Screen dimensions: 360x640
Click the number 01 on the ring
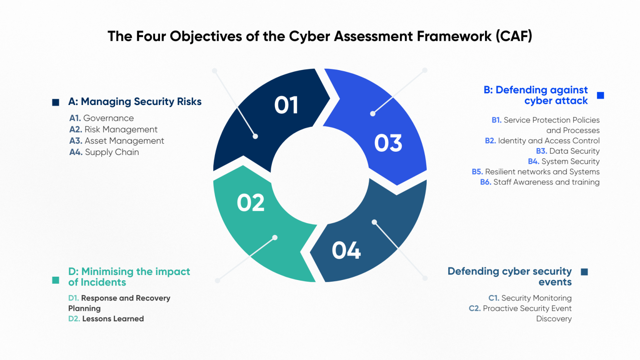tap(286, 105)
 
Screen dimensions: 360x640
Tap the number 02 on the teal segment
tap(251, 203)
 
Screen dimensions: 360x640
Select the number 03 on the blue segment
tap(388, 143)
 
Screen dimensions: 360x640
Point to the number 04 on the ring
tap(346, 250)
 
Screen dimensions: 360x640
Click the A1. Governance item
tap(102, 118)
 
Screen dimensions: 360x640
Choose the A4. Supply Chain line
tap(104, 152)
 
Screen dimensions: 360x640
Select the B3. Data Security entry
tap(567, 151)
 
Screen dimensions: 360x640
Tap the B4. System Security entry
tap(564, 162)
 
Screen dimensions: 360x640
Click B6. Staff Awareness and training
tap(540, 182)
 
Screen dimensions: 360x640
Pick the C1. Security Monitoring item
tap(530, 298)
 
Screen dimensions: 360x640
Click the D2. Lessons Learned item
tap(106, 319)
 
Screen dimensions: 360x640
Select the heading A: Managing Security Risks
tap(135, 102)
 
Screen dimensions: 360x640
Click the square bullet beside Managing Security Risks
tap(56, 102)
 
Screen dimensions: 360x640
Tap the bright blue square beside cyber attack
tap(600, 95)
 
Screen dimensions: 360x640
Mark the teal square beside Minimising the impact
tap(56, 280)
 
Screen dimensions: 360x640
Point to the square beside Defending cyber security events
tap(585, 272)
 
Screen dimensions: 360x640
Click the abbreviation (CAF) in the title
tap(514, 36)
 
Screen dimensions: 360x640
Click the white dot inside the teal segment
tap(275, 237)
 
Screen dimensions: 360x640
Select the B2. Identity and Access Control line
tap(542, 141)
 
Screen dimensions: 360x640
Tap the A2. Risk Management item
tap(113, 130)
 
